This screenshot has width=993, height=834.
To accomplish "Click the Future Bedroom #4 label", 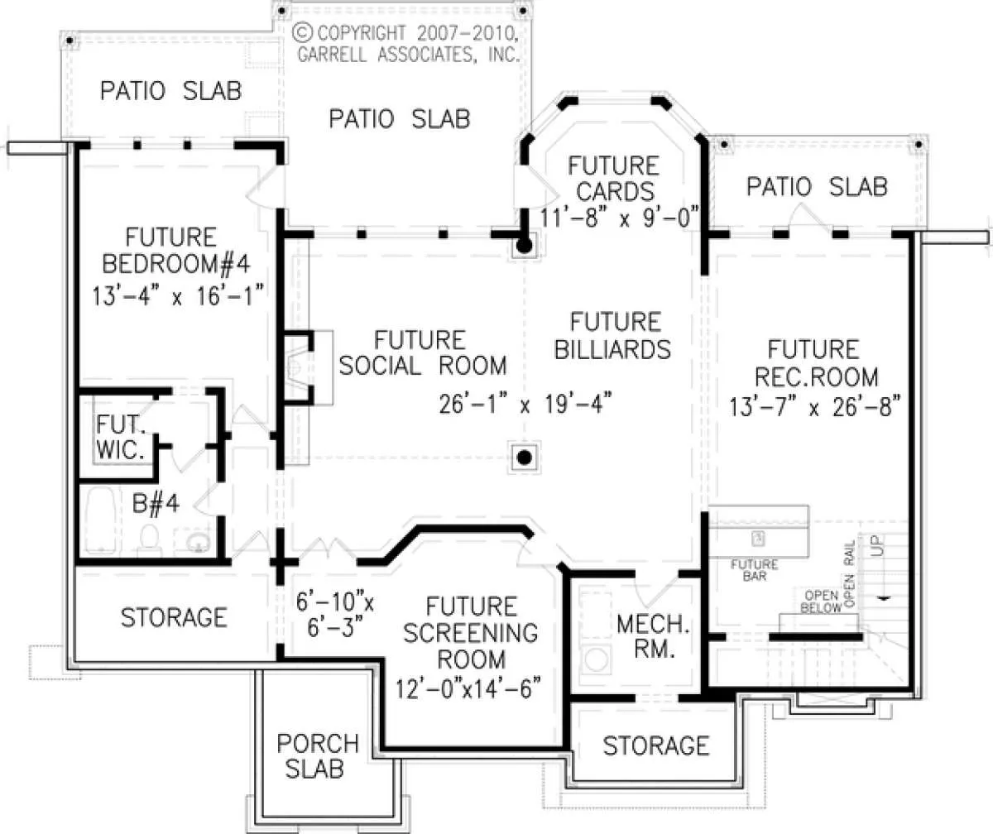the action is tap(176, 251).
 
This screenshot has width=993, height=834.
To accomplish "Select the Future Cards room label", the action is tap(614, 179).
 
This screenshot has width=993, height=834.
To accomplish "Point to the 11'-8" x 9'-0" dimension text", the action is tap(621, 217).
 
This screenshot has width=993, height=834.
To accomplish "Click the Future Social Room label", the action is tap(423, 353).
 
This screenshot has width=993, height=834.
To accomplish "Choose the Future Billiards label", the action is tap(613, 336).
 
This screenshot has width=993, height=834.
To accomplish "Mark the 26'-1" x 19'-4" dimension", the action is tap(525, 404).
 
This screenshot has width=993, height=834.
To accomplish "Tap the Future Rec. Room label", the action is tap(816, 363).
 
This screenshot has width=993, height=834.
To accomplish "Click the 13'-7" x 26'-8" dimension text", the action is tap(815, 407).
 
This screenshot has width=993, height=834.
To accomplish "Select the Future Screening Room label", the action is tap(471, 633).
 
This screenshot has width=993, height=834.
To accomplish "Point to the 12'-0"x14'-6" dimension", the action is tap(468, 688).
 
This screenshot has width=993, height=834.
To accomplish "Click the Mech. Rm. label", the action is tap(653, 636).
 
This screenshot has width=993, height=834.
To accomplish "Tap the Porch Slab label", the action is tap(317, 756).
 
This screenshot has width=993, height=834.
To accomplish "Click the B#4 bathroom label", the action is tap(156, 504).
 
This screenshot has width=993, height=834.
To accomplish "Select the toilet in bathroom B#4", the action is tap(150, 540).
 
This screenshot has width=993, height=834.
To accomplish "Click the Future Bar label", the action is tap(755, 570).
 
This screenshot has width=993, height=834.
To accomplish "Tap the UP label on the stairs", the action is tap(878, 545).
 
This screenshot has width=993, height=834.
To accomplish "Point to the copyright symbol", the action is tap(303, 33).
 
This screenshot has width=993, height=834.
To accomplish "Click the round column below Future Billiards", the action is tap(524, 458).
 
